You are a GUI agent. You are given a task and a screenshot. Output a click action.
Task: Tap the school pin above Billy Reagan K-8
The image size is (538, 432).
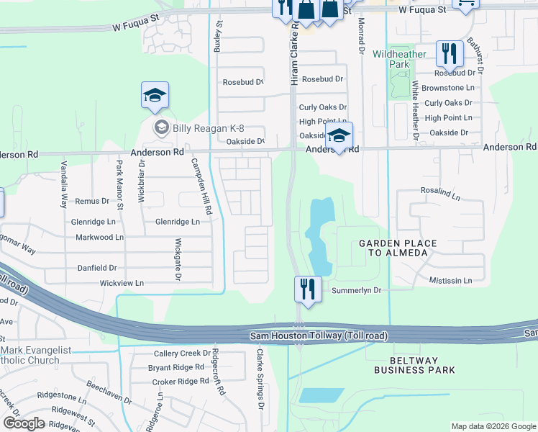(x=155, y=96)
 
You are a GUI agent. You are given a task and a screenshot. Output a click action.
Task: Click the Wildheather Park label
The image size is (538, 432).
(x=400, y=59)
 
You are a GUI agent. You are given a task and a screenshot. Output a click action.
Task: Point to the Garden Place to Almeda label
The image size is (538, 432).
(x=398, y=248)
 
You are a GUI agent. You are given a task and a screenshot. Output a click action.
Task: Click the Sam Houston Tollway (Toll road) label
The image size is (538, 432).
(x=319, y=336)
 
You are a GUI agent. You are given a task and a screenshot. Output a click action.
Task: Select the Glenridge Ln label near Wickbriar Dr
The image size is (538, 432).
(x=93, y=222)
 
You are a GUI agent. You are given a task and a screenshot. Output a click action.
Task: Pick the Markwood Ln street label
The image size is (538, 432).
(x=99, y=237)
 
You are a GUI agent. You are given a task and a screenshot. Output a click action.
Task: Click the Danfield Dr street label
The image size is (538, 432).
(x=98, y=268)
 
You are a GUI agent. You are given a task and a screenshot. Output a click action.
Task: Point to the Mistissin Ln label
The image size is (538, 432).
(x=450, y=280)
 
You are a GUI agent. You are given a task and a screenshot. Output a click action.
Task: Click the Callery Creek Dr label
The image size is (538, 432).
(x=181, y=354)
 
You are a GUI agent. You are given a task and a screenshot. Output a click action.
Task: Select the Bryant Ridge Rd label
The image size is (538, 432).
(x=176, y=367)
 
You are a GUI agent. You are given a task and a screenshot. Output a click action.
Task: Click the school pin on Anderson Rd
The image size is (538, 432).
(x=339, y=136)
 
